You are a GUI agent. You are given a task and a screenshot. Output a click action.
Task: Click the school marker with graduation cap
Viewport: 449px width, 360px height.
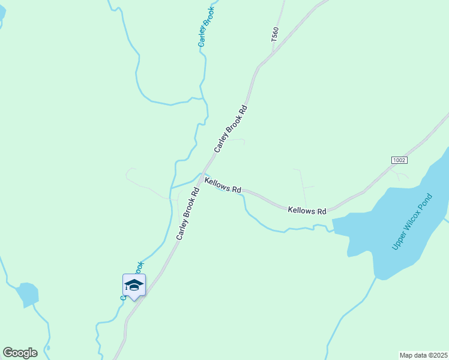pos(134,286)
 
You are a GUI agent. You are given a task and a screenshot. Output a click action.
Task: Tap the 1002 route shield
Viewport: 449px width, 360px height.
pos(399,160)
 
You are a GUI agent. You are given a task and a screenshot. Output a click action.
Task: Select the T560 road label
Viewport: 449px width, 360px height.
pos(275,34)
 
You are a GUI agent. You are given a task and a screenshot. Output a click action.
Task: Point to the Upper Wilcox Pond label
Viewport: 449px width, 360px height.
pos(412,222)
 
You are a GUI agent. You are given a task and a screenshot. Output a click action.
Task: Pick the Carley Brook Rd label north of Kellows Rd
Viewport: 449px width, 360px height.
pos(231,129)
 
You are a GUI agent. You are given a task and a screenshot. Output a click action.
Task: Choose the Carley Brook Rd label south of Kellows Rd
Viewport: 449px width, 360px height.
pos(188,214)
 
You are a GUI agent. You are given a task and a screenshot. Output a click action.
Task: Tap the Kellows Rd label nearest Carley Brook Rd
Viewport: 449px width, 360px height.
pos(223,185)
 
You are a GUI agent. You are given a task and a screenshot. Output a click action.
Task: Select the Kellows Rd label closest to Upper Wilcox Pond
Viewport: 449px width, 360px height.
pos(307,211)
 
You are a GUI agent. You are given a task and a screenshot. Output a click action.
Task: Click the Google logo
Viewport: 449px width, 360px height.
pos(20,353)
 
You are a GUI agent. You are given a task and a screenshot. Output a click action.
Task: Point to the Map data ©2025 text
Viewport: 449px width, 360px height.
pos(423,355)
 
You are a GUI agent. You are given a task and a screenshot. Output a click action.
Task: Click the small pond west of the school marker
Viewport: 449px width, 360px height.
pos(28,295)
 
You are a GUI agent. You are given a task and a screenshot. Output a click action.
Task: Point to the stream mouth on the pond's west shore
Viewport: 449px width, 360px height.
pos(334,228)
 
